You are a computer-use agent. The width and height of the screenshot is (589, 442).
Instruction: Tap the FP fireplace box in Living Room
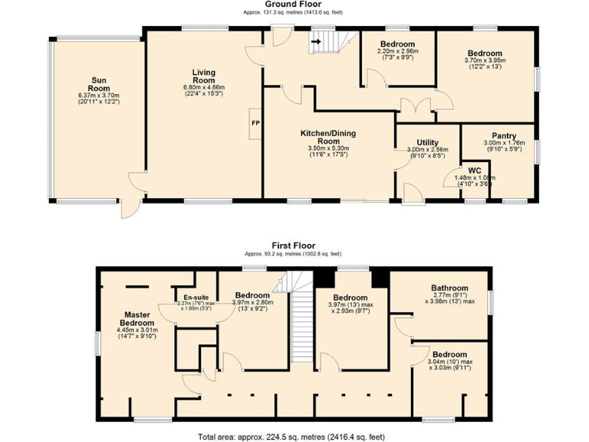tap(254, 124)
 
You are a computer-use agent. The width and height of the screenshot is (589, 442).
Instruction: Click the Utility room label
tap(427, 143)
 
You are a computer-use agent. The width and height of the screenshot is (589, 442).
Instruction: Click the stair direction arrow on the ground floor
tap(315, 46)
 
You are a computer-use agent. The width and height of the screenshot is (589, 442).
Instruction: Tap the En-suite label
tap(196, 297)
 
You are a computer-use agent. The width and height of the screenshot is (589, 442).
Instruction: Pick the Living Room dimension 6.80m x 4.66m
tap(203, 87)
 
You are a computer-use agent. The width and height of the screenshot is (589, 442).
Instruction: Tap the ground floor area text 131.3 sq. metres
tap(292, 13)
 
